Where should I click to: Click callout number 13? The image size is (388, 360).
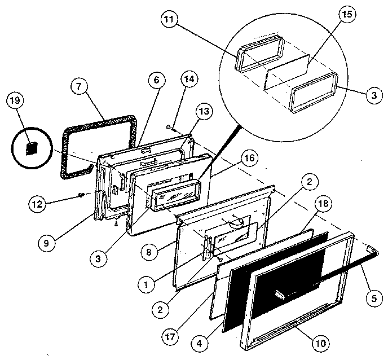[202, 111]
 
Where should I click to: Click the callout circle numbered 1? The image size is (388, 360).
[146, 285]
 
